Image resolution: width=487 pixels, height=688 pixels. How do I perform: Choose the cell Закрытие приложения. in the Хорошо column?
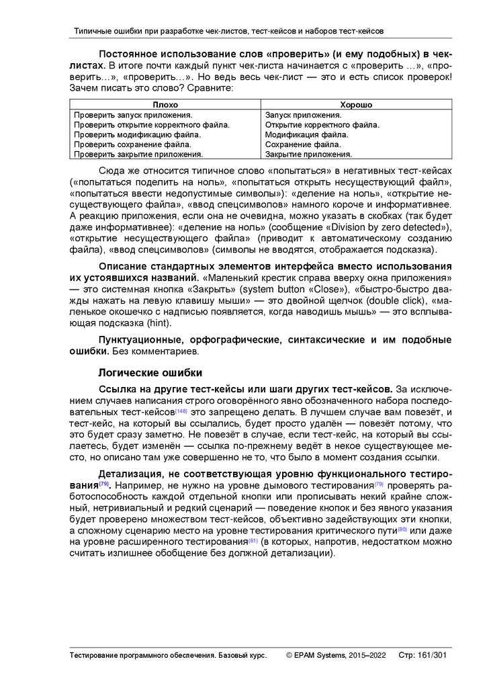304,154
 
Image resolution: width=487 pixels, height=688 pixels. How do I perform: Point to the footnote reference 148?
182,411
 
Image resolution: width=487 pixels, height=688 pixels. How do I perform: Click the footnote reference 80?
402,529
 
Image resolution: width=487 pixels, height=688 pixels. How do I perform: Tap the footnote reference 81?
253,541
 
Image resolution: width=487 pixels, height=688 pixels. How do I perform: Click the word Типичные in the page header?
92,31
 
